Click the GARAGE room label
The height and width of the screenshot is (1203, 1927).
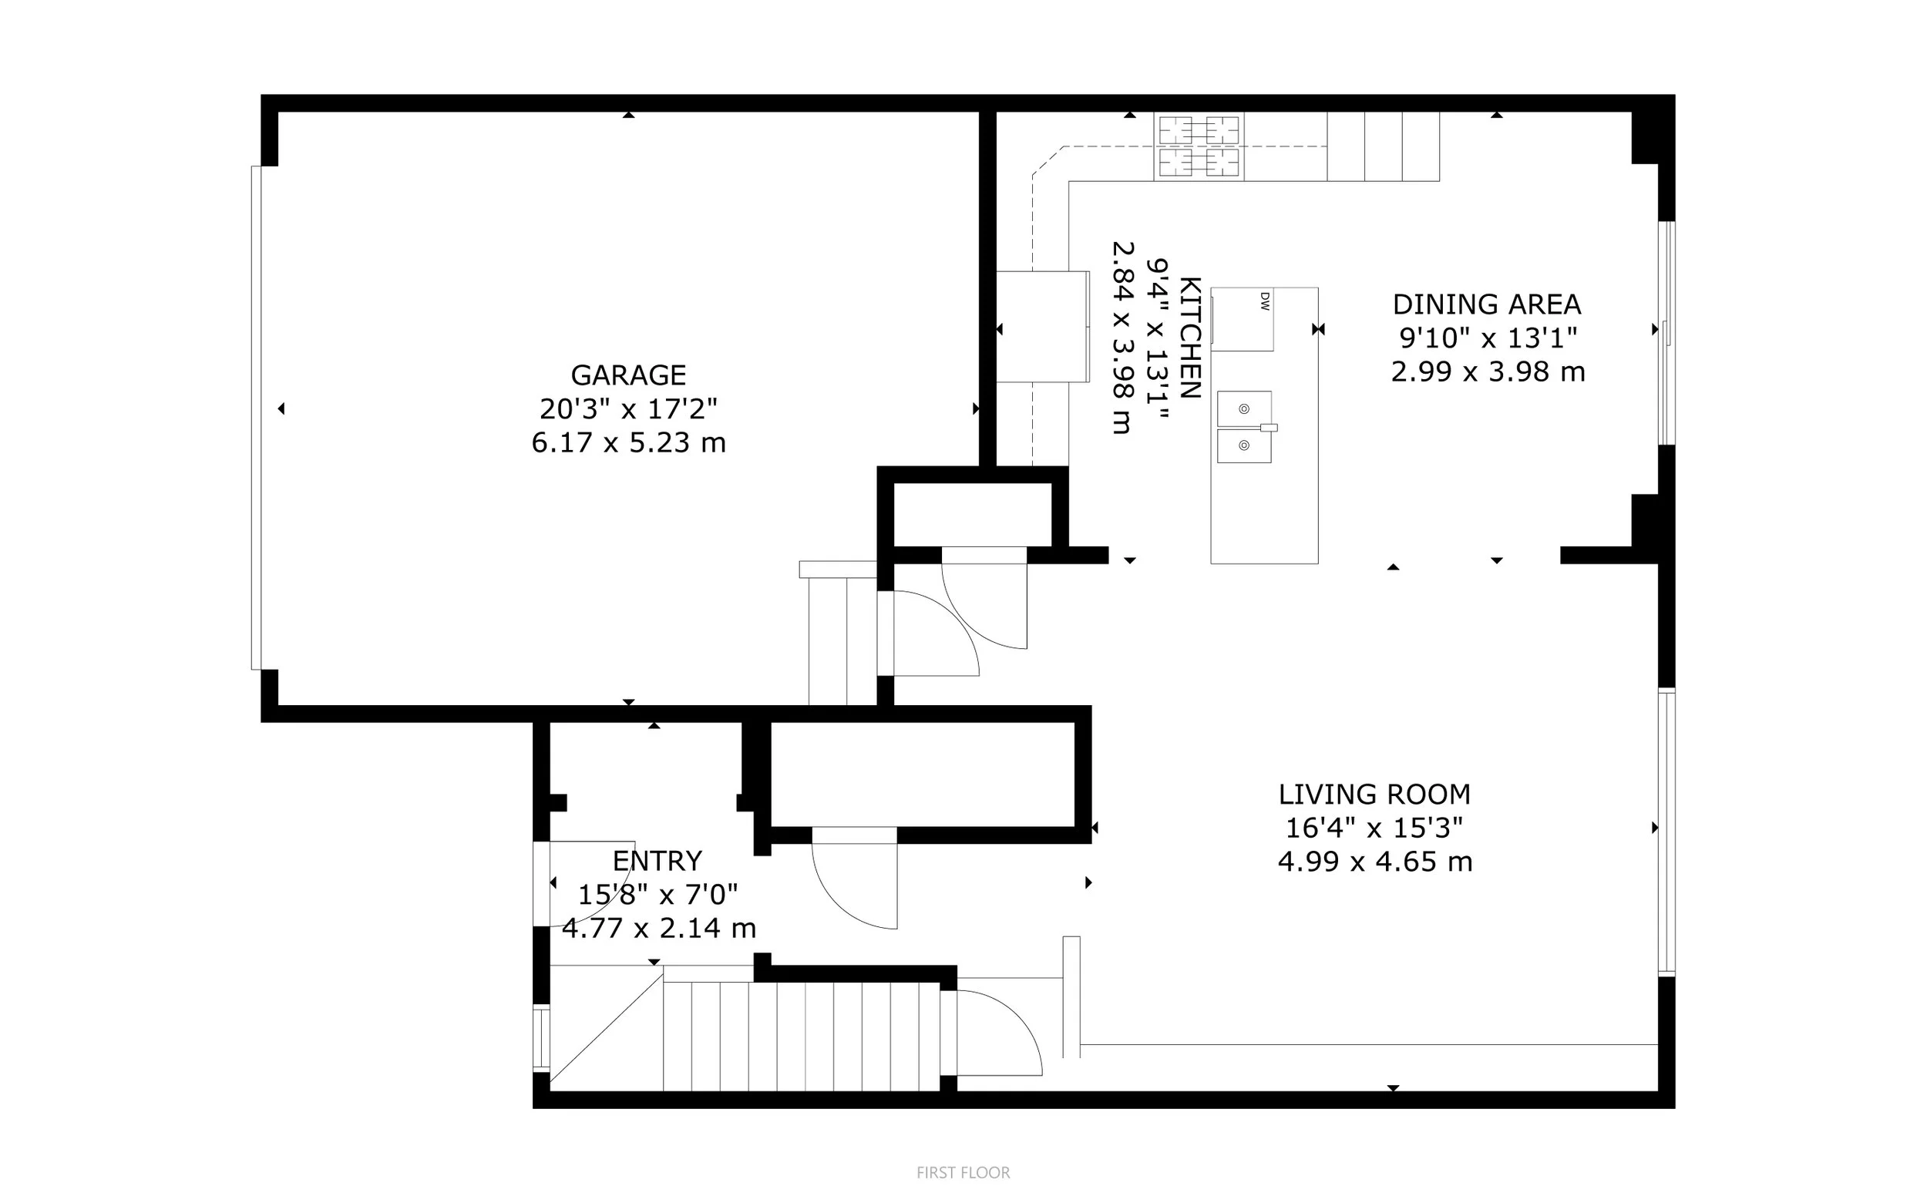click(627, 375)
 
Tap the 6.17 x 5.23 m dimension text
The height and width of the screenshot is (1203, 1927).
click(627, 442)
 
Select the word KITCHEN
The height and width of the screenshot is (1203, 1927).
click(1189, 338)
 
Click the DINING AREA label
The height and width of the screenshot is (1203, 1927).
click(1486, 304)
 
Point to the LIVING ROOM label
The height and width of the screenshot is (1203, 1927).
click(1374, 794)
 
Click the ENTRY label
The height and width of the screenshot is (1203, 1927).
click(657, 861)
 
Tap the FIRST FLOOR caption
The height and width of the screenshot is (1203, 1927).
click(963, 1172)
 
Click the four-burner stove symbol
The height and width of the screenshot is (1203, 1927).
click(1199, 146)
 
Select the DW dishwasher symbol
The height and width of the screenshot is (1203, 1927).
click(1242, 319)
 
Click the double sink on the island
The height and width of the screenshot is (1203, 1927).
click(1243, 427)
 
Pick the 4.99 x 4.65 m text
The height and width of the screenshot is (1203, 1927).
click(1374, 862)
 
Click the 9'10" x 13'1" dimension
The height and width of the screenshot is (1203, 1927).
click(1487, 338)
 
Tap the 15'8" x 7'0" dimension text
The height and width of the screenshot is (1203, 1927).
click(657, 894)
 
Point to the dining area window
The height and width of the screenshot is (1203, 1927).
click(1666, 332)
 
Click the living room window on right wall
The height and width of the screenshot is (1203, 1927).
click(1666, 832)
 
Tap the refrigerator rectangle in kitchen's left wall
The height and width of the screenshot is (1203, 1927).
click(1042, 326)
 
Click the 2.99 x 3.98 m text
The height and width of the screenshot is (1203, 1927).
click(1487, 371)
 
